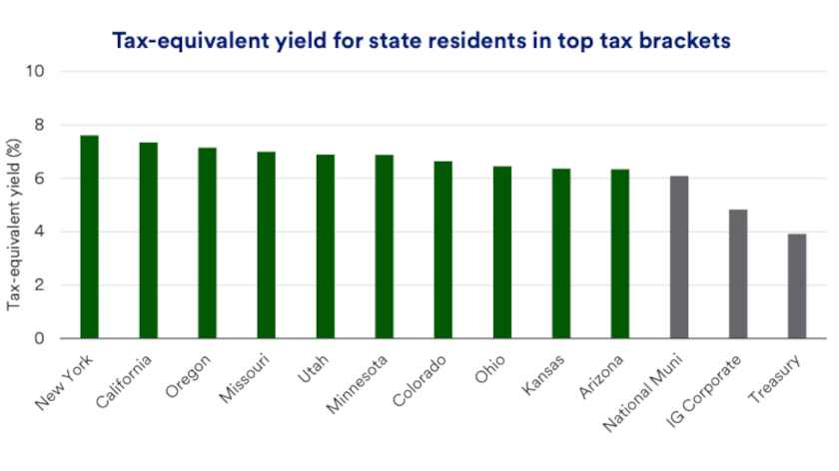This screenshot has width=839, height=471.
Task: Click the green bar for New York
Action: [x=90, y=236]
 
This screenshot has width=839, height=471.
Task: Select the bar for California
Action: [x=149, y=240]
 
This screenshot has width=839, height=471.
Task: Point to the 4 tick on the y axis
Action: [x=40, y=232]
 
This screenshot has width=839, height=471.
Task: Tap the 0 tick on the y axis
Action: [x=40, y=338]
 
